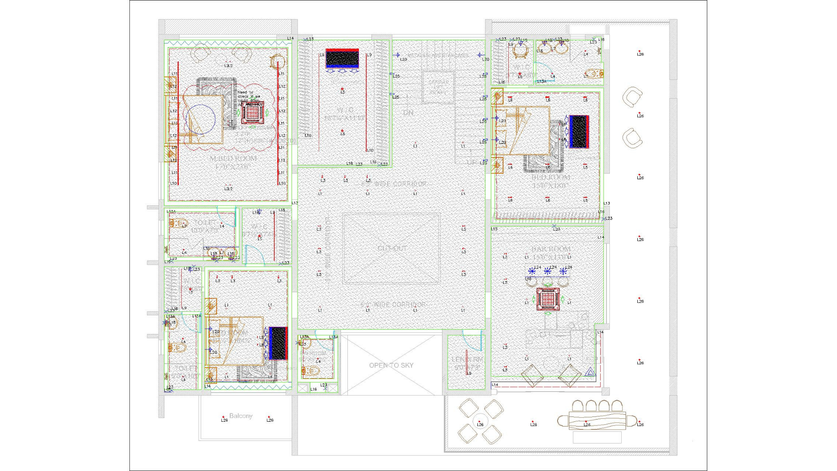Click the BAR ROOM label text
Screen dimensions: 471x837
pyautogui.click(x=551, y=249)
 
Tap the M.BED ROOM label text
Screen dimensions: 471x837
pyautogui.click(x=233, y=159)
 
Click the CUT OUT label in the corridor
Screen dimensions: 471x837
pyautogui.click(x=392, y=248)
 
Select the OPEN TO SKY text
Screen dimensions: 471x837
pyautogui.click(x=391, y=365)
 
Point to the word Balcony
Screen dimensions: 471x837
pyautogui.click(x=241, y=416)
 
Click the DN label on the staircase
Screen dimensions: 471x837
pyautogui.click(x=408, y=113)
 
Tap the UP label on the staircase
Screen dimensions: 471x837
pyautogui.click(x=472, y=162)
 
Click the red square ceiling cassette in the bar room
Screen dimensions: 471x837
pyautogui.click(x=548, y=299)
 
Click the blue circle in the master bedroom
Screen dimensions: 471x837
pyautogui.click(x=200, y=119)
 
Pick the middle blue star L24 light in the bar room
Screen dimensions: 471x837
pyautogui.click(x=548, y=271)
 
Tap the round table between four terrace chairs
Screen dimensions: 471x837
pyautogui.click(x=480, y=421)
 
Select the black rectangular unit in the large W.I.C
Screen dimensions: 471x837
pyautogui.click(x=342, y=58)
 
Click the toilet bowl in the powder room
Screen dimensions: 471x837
pyautogui.click(x=313, y=371)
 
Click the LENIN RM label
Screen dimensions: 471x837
pyautogui.click(x=467, y=359)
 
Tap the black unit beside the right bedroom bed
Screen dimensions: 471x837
pyautogui.click(x=579, y=132)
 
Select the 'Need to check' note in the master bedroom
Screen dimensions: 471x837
pyautogui.click(x=249, y=96)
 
